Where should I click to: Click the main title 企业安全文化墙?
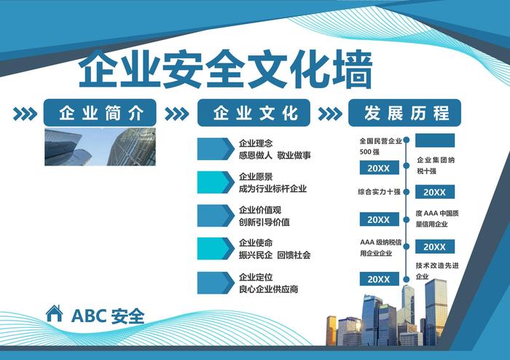(x=225, y=69)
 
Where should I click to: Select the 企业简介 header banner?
(x=100, y=112)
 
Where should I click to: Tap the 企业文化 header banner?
(x=254, y=112)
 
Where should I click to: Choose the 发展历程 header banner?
(x=404, y=112)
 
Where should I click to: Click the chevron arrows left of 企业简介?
(x=25, y=114)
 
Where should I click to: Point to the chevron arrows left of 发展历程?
(x=330, y=114)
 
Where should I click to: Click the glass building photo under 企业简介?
(x=101, y=146)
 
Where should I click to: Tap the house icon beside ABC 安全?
(x=55, y=313)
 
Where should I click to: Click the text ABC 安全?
(x=108, y=316)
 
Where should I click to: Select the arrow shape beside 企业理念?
(x=216, y=149)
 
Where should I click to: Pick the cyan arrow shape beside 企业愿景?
(x=216, y=182)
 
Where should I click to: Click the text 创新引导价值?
(x=264, y=222)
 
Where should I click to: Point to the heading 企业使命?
(x=256, y=243)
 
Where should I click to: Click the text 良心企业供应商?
(x=268, y=289)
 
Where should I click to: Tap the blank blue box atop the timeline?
(x=435, y=141)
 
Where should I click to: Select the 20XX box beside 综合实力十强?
(x=435, y=192)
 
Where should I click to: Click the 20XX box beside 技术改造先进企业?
(x=380, y=279)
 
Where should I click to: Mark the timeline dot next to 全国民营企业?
(x=407, y=141)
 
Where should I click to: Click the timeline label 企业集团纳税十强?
(x=436, y=165)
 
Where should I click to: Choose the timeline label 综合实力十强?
(x=380, y=192)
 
